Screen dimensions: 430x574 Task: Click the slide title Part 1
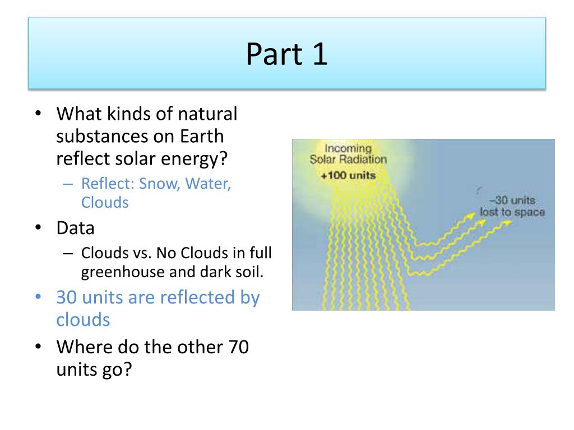286,54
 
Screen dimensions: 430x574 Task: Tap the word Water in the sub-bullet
208,184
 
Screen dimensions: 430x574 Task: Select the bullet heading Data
76,228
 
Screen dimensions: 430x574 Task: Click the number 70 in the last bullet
236,347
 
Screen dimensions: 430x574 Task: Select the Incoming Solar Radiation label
348,154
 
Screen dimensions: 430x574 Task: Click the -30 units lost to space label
511,207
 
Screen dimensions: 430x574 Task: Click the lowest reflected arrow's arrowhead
506,222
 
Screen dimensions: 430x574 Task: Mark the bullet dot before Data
38,228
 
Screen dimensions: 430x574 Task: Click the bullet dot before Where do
38,347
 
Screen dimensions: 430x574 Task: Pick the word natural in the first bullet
207,114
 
